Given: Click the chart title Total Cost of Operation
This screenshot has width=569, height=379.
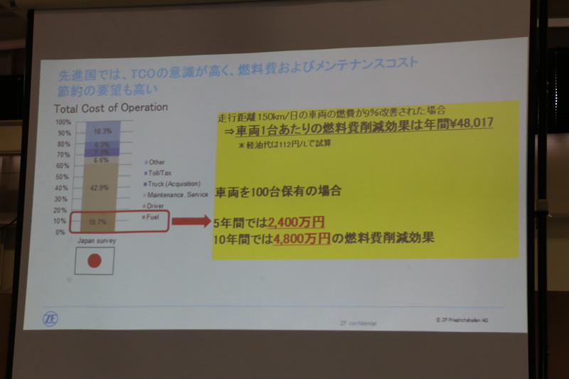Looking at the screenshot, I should pos(110,108).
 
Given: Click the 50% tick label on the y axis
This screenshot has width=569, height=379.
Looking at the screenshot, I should pos(63,177).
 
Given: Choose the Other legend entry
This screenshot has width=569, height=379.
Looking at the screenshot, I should pos(156,162).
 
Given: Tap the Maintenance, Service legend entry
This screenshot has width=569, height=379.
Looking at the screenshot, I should pos(176,194).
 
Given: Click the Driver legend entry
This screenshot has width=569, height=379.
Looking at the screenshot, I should pos(156,205).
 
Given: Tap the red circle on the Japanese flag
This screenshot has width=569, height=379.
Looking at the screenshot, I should pos(95,262).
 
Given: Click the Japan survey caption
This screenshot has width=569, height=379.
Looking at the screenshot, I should pos(96,241).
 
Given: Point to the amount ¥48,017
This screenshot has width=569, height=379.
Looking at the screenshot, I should pos(467,122).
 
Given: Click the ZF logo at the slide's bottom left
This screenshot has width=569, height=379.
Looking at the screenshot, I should pos(50,318).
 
